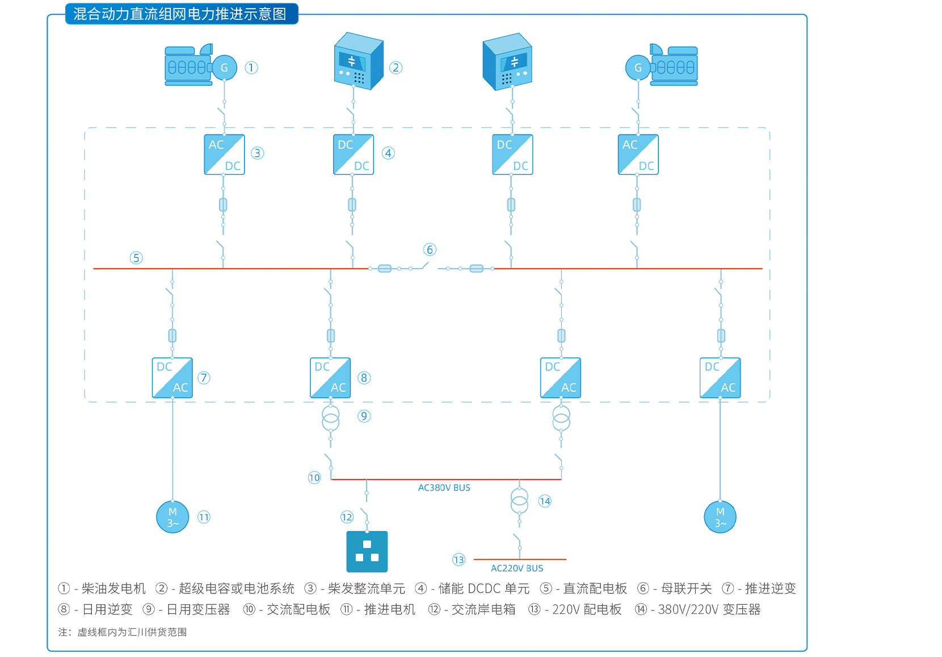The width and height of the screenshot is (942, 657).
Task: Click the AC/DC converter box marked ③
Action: tap(224, 154)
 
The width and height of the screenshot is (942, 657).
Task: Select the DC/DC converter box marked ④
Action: tap(354, 154)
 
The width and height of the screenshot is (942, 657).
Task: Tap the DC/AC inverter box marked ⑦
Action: tap(173, 378)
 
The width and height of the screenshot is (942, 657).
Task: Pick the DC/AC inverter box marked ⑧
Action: tap(330, 378)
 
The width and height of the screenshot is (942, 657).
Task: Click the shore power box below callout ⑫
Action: tap(367, 551)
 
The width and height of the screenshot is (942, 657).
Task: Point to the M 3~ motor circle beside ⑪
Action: tap(173, 517)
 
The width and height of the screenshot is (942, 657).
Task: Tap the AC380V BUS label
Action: tap(444, 488)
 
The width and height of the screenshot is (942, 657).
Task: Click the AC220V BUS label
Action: tap(516, 568)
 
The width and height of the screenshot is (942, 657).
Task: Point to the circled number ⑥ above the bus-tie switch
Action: tap(430, 250)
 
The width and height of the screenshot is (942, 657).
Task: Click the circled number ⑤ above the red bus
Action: tap(136, 258)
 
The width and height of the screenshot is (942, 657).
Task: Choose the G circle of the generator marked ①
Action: tap(224, 68)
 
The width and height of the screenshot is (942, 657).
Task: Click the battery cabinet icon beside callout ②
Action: tap(359, 61)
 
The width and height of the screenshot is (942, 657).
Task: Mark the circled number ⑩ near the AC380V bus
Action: tap(314, 478)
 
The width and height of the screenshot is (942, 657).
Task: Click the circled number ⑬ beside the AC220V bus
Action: tap(459, 560)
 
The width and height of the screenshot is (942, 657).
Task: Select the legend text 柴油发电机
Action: tap(113, 588)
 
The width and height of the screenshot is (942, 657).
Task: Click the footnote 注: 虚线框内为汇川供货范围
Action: tap(123, 632)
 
